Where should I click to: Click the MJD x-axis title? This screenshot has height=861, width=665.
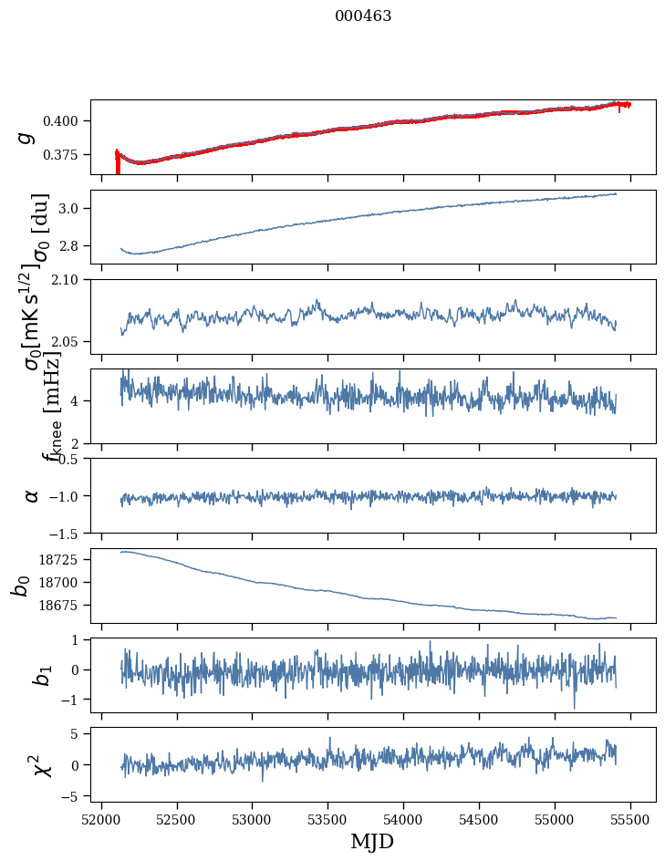tap(372, 841)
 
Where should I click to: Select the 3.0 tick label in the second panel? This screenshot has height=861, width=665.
tap(75, 209)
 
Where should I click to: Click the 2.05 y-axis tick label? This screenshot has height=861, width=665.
tap(72, 342)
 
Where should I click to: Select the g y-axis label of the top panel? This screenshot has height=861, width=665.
tap(26, 137)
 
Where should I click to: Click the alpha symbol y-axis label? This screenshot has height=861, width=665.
tap(31, 495)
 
